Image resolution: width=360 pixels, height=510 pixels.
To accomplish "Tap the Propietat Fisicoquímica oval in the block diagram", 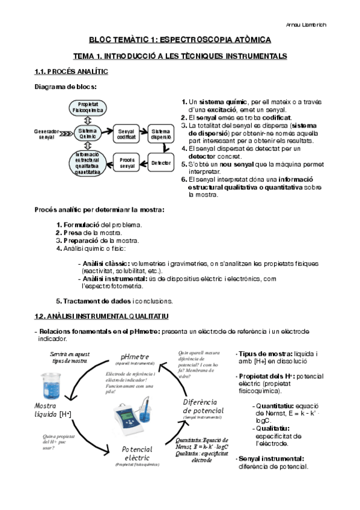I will pos(88,108).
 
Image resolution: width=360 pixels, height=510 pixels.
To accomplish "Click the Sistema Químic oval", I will pos(88,134).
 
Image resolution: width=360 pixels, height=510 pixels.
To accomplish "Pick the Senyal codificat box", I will pos(127,134).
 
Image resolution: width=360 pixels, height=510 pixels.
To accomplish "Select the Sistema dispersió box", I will pos(161,134).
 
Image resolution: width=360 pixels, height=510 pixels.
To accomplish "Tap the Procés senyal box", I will pos(127,163).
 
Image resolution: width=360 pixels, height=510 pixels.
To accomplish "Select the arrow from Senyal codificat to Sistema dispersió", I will pos(144,134).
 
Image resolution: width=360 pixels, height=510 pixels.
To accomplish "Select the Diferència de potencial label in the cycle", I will pos(203,405).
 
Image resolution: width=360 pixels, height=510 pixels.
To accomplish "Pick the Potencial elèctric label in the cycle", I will pos(137,453).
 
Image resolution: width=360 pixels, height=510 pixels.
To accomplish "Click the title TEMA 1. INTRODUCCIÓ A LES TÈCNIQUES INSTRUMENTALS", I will pos(180,56).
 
